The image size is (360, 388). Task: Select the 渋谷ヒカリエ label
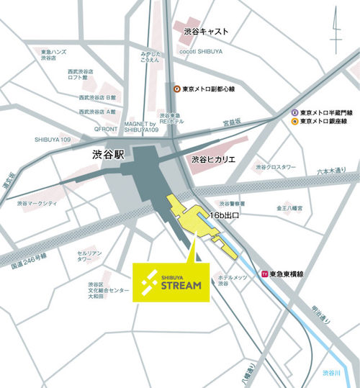point(215,158)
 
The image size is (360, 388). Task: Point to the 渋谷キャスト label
point(206,32)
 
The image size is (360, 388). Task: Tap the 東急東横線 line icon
point(264,274)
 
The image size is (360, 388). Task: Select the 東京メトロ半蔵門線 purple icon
point(294,113)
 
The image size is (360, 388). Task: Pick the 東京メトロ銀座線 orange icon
point(294,122)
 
